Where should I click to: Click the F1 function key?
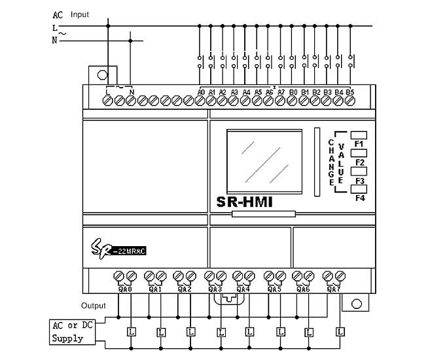tap(359, 135)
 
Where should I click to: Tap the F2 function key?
tap(359, 154)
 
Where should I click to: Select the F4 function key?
tap(359, 190)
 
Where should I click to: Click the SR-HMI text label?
tap(244, 203)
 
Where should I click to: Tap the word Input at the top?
tap(79, 14)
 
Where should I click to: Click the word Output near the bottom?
tap(93, 306)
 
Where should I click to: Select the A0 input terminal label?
tap(201, 92)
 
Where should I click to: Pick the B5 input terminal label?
tap(349, 92)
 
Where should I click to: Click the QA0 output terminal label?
tap(125, 289)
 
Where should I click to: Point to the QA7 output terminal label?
tap(333, 289)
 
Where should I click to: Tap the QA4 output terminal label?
tap(243, 289)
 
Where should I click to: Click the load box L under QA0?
tap(131, 332)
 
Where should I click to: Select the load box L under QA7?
tap(340, 332)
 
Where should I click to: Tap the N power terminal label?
tap(132, 92)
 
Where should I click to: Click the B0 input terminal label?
tap(293, 92)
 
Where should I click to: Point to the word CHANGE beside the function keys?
tap(331, 161)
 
